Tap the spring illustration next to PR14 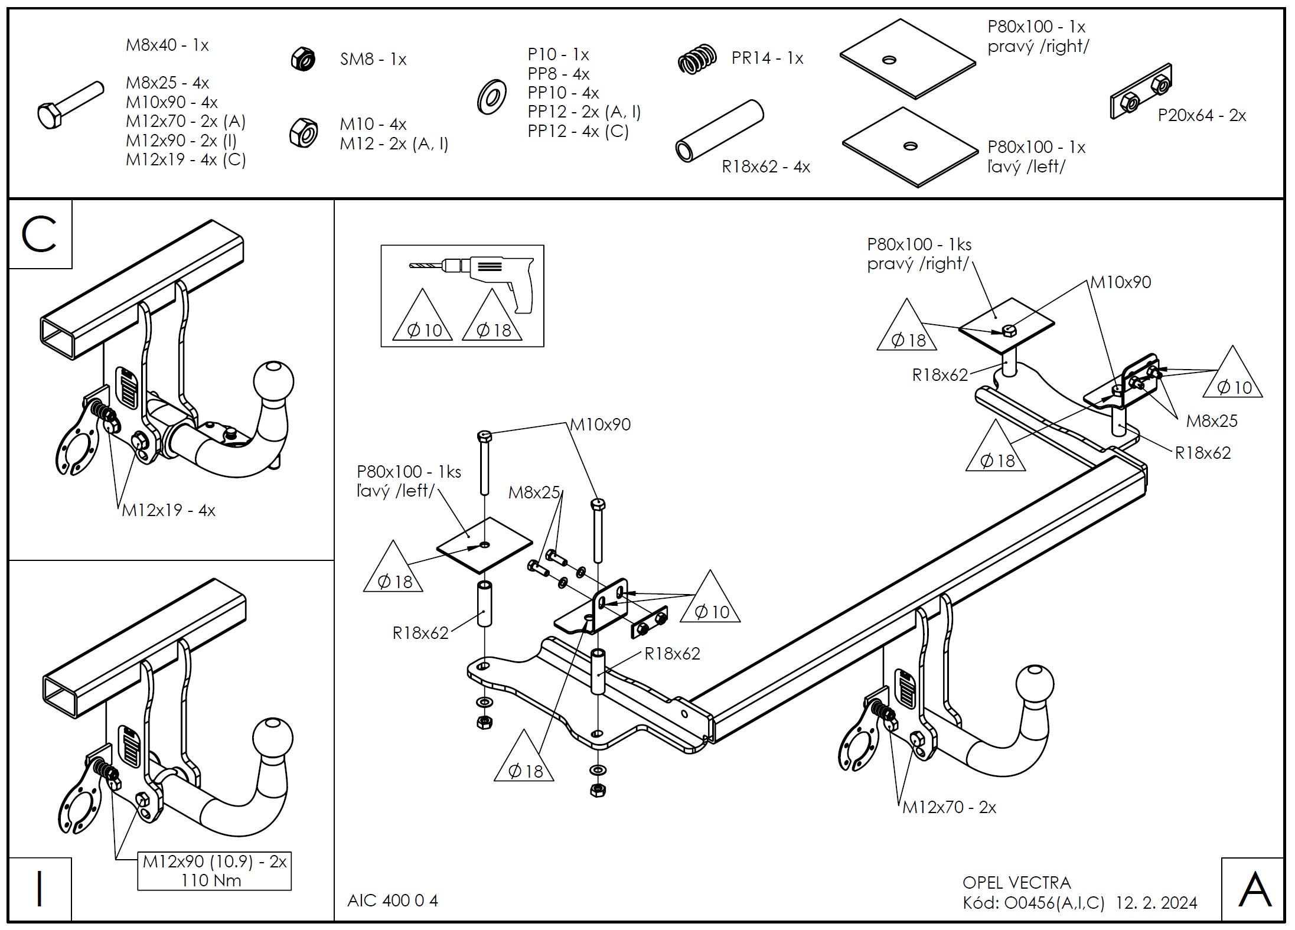[x=697, y=58]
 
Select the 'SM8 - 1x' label [x=373, y=59]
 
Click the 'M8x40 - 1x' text [x=167, y=45]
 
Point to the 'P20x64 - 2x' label [x=1202, y=115]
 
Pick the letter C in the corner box [x=39, y=234]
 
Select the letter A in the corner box [x=1254, y=890]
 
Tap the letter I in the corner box [x=39, y=889]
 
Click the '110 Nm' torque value [x=211, y=881]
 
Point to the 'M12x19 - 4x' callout [x=168, y=510]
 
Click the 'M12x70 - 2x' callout [x=949, y=807]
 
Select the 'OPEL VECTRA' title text [x=1016, y=882]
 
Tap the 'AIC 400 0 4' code [x=393, y=900]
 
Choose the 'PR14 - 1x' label [x=767, y=58]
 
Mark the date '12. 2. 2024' [x=1156, y=903]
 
